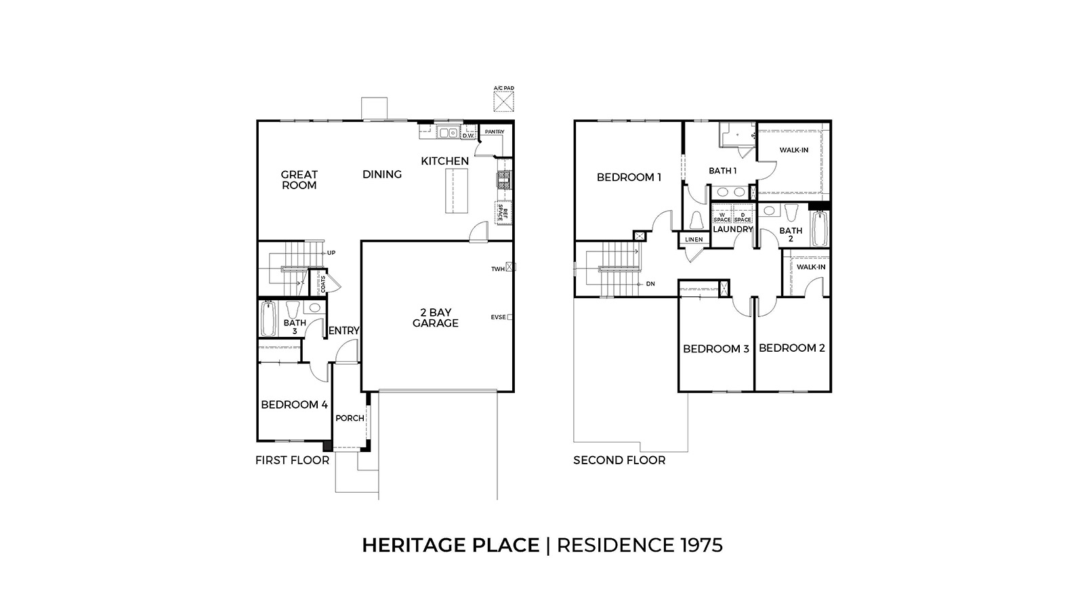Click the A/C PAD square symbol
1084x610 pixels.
(503, 102)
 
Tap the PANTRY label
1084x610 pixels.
(494, 131)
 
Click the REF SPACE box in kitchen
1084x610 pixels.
(503, 213)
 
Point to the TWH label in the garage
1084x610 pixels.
(498, 269)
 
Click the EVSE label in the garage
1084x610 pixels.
(498, 317)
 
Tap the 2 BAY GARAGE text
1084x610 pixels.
(436, 318)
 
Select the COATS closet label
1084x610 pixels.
(322, 283)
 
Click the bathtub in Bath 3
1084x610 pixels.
(268, 319)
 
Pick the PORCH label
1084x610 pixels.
(350, 418)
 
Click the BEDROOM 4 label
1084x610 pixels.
(294, 405)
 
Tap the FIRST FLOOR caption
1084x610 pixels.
(292, 460)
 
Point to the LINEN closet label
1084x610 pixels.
(694, 240)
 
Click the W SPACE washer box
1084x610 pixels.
(722, 217)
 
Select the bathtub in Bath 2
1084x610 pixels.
(819, 229)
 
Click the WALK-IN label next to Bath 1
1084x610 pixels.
(793, 150)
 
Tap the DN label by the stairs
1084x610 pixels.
(650, 284)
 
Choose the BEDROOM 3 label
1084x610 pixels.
(715, 349)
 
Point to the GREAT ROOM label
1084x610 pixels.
(299, 180)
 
